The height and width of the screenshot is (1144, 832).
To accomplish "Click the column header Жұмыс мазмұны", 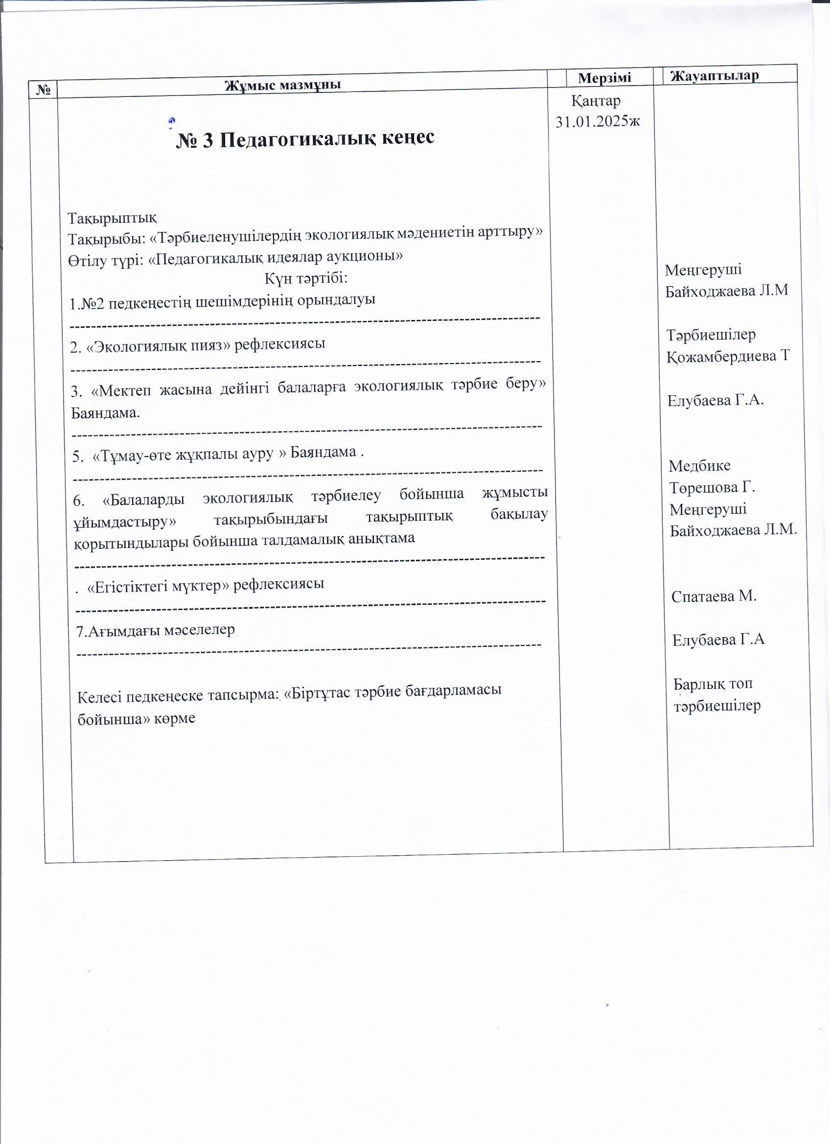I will (282, 85).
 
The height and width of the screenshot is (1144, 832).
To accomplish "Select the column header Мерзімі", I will (604, 78).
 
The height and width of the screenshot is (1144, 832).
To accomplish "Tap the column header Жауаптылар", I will (715, 76).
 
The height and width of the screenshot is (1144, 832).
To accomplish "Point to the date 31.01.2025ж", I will (598, 121).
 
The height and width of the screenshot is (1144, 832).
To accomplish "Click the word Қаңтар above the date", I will (596, 101).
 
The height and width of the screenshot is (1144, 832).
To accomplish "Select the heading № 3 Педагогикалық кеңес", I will (305, 138).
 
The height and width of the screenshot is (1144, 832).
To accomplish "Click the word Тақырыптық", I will (113, 218).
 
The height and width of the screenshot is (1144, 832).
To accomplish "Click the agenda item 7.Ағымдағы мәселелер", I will (156, 630).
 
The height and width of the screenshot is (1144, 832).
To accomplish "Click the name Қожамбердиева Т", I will (728, 357).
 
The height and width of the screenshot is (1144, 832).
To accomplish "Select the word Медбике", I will (699, 465).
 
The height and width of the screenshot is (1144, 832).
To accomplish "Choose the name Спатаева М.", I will (714, 596).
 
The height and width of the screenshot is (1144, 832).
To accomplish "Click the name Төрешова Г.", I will (712, 488).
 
